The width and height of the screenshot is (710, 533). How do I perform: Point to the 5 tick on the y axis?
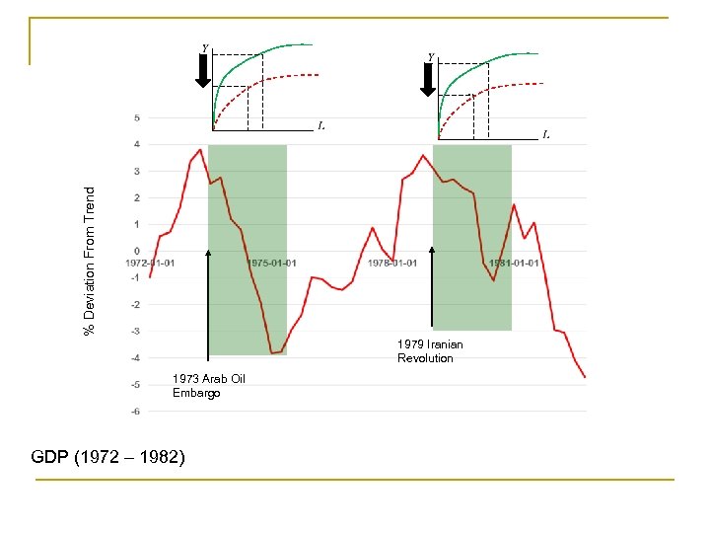pyautogui.click(x=136, y=118)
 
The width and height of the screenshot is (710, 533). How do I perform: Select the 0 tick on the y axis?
pyautogui.click(x=137, y=251)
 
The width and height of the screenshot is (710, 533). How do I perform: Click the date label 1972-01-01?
pyautogui.click(x=151, y=263)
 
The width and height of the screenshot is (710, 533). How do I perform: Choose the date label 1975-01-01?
pyautogui.click(x=272, y=263)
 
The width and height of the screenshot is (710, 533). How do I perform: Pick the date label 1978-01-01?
pyautogui.click(x=392, y=263)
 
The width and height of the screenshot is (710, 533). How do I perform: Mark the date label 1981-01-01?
pyautogui.click(x=514, y=263)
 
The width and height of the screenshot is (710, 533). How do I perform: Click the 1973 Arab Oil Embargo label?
pyautogui.click(x=208, y=386)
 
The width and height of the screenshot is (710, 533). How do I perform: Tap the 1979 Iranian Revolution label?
pyautogui.click(x=430, y=350)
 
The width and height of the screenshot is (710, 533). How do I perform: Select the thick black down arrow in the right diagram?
pyautogui.click(x=428, y=78)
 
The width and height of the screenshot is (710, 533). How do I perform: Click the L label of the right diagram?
pyautogui.click(x=546, y=133)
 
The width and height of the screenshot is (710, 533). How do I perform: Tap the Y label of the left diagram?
pyautogui.click(x=205, y=47)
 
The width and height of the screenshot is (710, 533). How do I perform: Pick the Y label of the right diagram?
pyautogui.click(x=431, y=55)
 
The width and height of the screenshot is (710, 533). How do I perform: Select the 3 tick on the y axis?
pyautogui.click(x=136, y=171)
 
